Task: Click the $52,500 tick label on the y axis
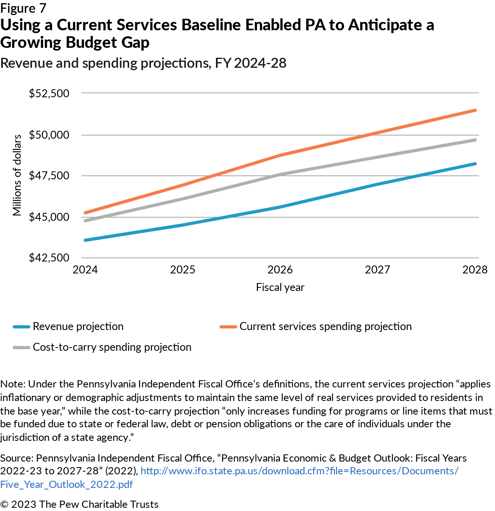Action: (49, 93)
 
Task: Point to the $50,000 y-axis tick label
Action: (49, 135)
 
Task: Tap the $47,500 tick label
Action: (49, 176)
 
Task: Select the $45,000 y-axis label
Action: (49, 217)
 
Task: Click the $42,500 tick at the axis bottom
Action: (49, 258)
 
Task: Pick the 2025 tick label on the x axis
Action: (182, 270)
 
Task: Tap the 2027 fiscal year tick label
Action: (377, 270)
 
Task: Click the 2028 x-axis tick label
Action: (475, 270)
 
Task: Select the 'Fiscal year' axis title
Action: (280, 287)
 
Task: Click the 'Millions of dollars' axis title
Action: (17, 175)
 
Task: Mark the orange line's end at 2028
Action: (475, 110)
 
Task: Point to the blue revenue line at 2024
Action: (85, 240)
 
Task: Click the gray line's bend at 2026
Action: (280, 174)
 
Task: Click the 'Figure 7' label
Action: (23, 8)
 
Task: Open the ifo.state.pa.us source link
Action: (299, 471)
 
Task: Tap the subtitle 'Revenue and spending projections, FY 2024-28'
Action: (143, 63)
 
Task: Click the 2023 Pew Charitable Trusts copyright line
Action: (79, 504)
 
